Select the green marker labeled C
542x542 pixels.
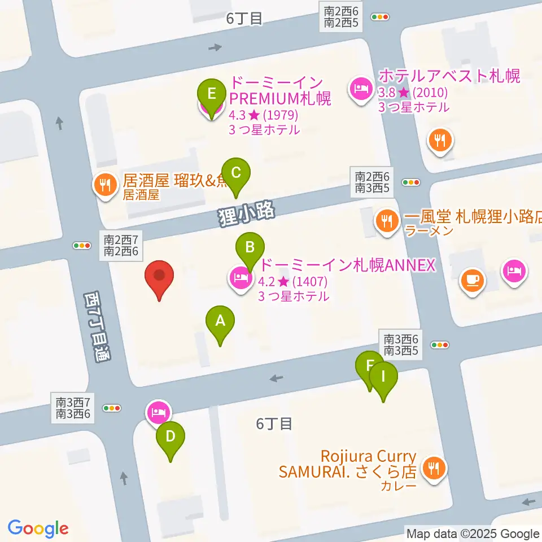tap(236, 172)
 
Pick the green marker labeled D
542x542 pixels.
tap(171, 437)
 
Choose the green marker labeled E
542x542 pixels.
tap(212, 93)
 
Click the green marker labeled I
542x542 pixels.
tap(383, 377)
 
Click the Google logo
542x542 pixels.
tap(38, 528)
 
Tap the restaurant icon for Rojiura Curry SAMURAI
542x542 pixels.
tap(434, 468)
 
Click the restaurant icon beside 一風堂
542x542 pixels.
tap(387, 220)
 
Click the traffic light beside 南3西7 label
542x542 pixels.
tap(112, 408)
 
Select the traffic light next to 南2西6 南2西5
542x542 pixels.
tap(379, 17)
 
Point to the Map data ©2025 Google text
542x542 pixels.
tap(473, 534)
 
